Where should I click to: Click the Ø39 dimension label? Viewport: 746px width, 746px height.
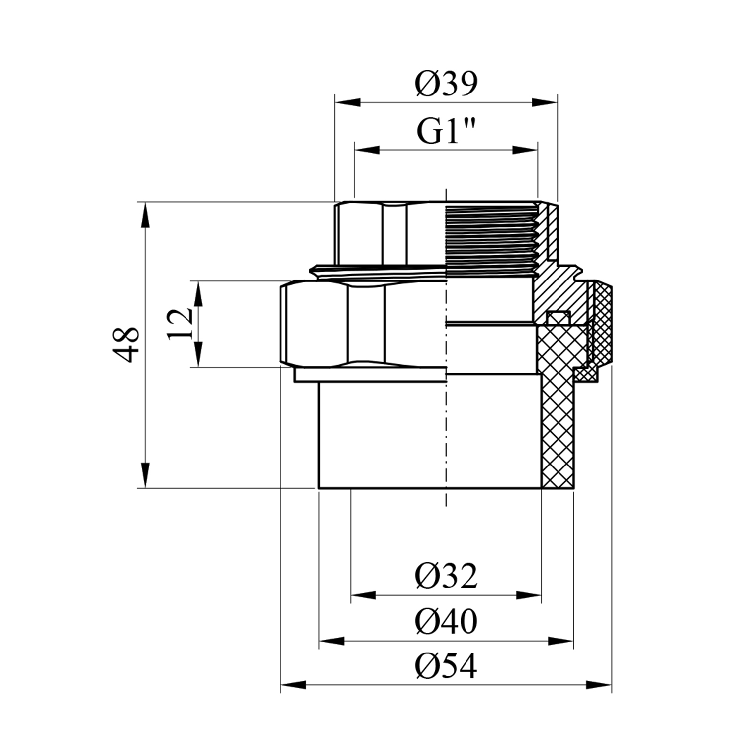446,84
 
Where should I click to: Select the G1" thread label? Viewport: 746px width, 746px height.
446,131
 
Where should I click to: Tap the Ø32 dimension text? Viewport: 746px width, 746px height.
446,576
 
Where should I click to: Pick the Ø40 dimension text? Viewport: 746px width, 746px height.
446,622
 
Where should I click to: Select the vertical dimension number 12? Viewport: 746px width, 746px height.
181,323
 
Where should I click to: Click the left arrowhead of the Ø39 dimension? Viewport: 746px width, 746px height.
347,102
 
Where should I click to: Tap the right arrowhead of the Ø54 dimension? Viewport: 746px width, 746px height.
599,685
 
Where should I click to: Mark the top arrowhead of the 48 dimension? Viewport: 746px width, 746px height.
145,215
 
